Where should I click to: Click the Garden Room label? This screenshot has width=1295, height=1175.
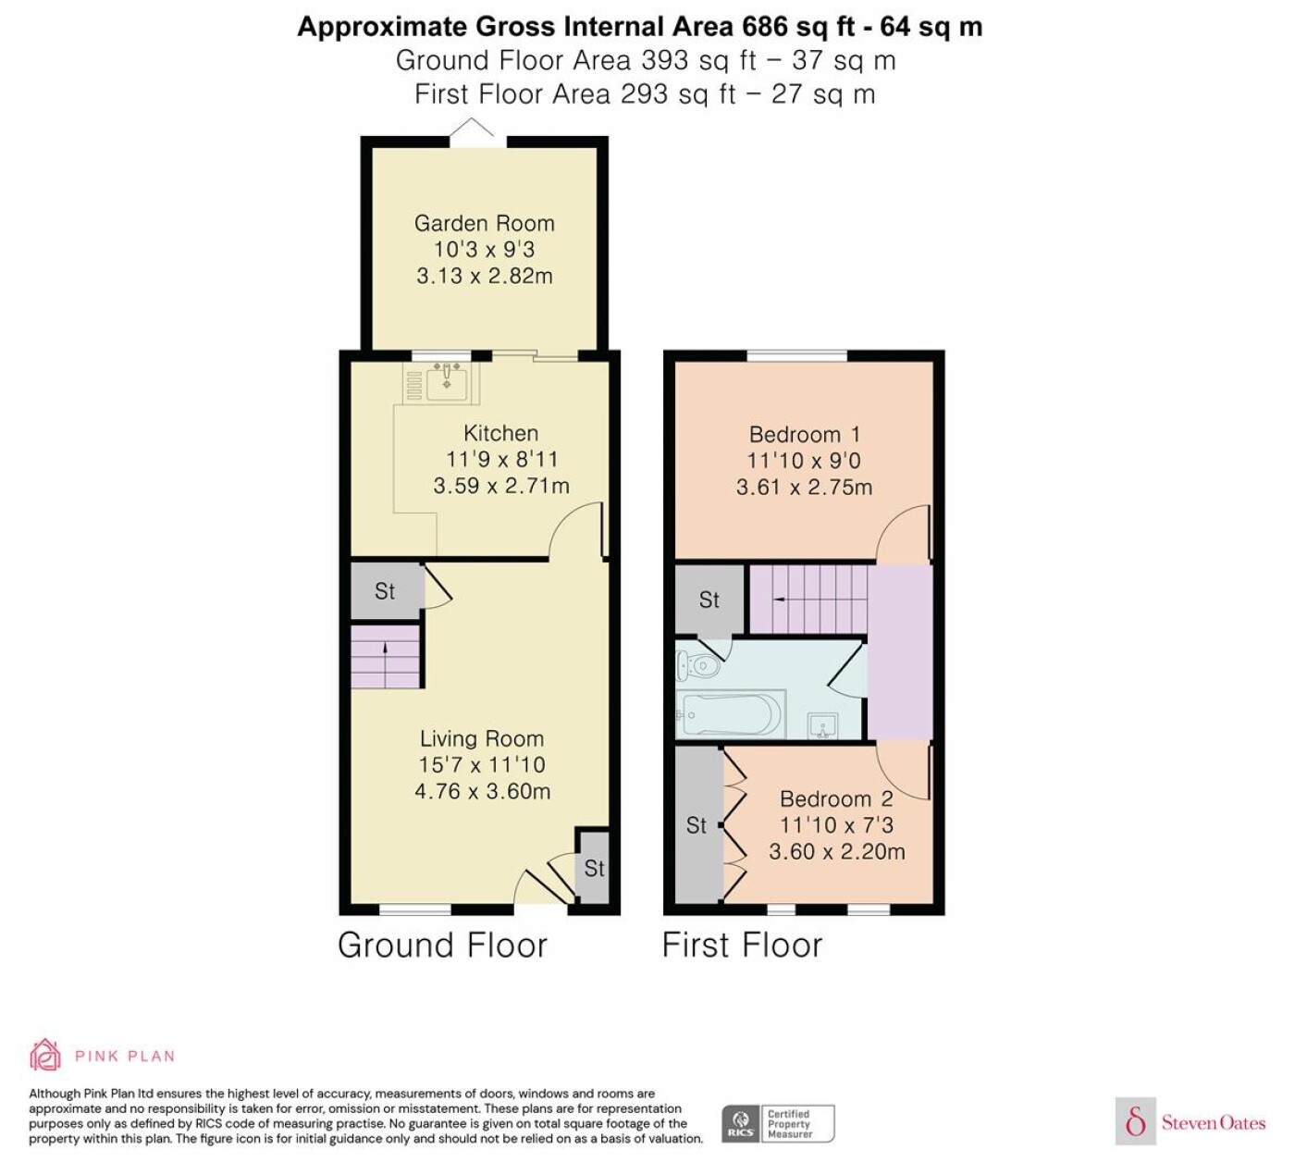[484, 224]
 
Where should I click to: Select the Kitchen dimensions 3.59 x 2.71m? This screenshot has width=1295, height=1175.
[501, 486]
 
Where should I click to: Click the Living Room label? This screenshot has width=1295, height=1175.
[482, 738]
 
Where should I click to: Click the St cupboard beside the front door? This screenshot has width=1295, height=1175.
[594, 868]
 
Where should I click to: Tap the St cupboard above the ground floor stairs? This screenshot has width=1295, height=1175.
[386, 591]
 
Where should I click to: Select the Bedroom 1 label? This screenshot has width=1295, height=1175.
[804, 434]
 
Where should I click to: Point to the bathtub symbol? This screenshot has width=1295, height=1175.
[730, 715]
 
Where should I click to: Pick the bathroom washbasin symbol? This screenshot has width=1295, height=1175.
[823, 726]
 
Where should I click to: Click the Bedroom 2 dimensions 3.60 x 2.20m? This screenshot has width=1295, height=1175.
[836, 851]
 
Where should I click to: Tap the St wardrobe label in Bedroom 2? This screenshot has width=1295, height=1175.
[697, 825]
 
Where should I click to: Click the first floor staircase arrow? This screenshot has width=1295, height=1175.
[779, 600]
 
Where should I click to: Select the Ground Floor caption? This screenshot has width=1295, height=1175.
[443, 945]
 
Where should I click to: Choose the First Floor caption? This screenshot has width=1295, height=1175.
[743, 945]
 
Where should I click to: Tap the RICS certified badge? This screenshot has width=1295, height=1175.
[778, 1124]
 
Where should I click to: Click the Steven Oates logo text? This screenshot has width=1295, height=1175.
[1214, 1122]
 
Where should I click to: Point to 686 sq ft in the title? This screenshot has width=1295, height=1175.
[805, 27]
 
